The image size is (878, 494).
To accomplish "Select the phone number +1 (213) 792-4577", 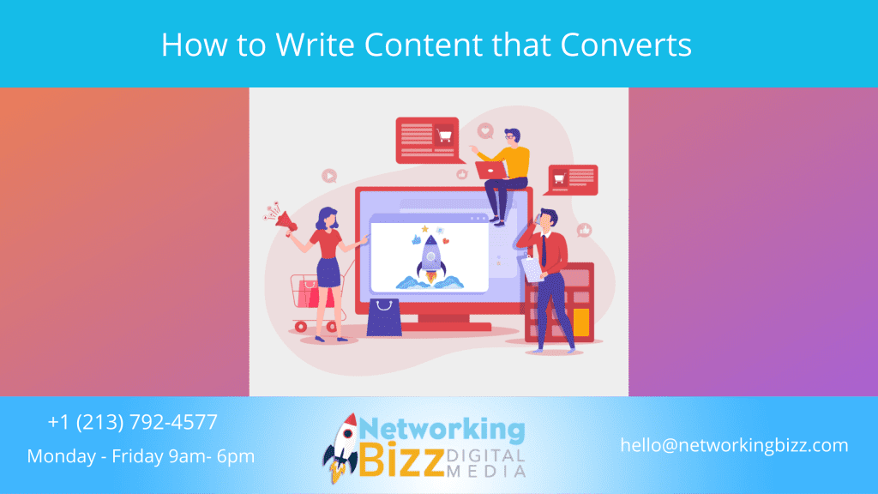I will (133, 422).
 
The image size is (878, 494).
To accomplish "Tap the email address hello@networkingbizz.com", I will (734, 445).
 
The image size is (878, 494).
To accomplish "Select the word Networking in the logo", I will (442, 428).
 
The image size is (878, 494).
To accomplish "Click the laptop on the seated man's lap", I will (491, 170).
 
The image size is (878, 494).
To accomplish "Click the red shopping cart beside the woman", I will (305, 296).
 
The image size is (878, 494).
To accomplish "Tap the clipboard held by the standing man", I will (531, 268).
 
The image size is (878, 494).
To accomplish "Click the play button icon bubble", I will (329, 176).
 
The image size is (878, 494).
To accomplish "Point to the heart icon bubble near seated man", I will (486, 131).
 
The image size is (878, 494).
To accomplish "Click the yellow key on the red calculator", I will (581, 321).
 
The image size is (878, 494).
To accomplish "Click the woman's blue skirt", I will (328, 271).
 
